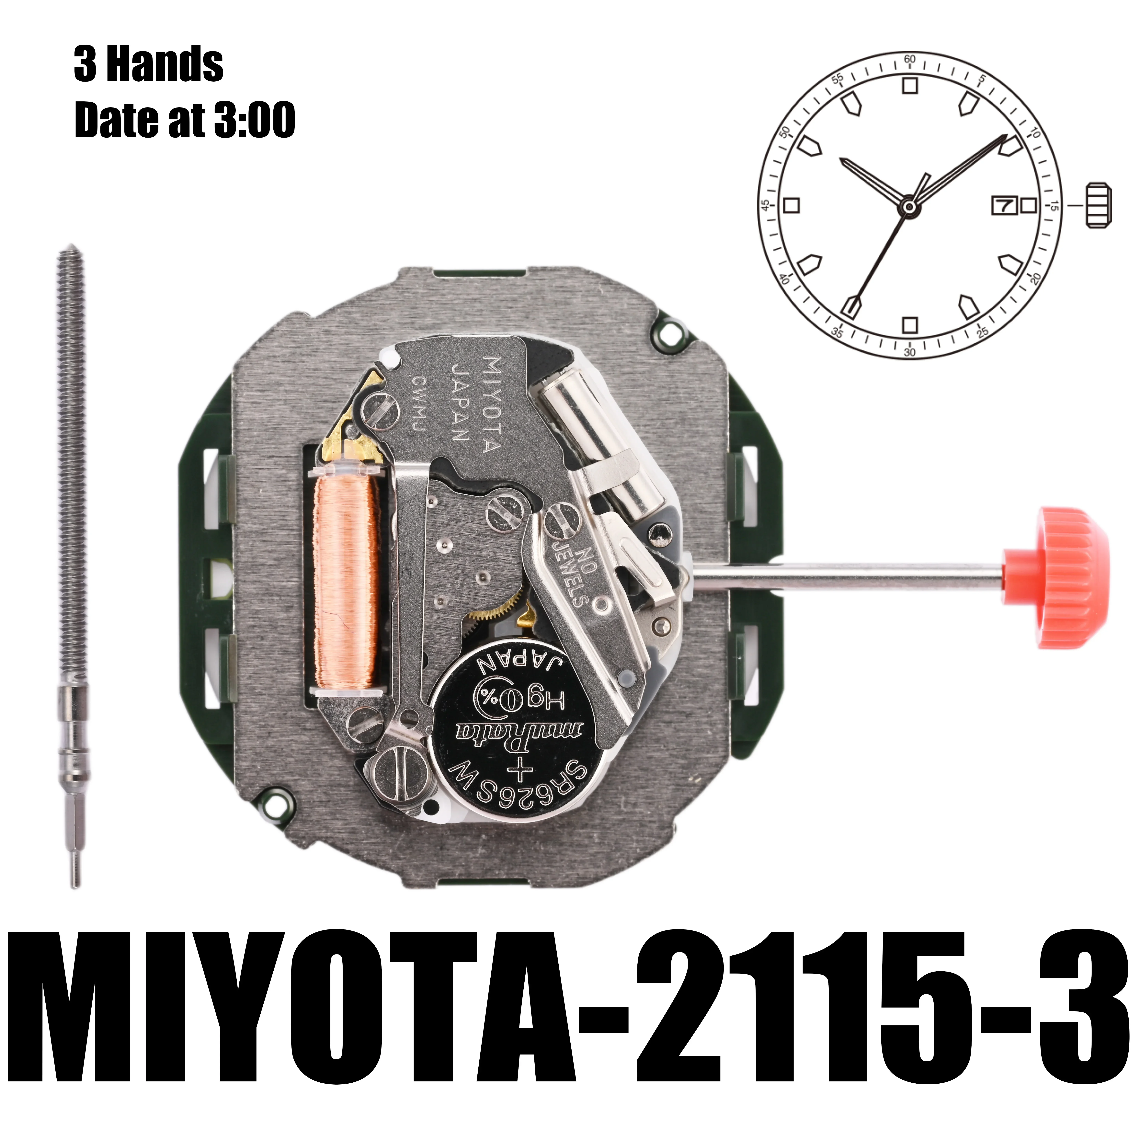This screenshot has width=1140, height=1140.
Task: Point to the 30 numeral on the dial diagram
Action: [909, 352]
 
